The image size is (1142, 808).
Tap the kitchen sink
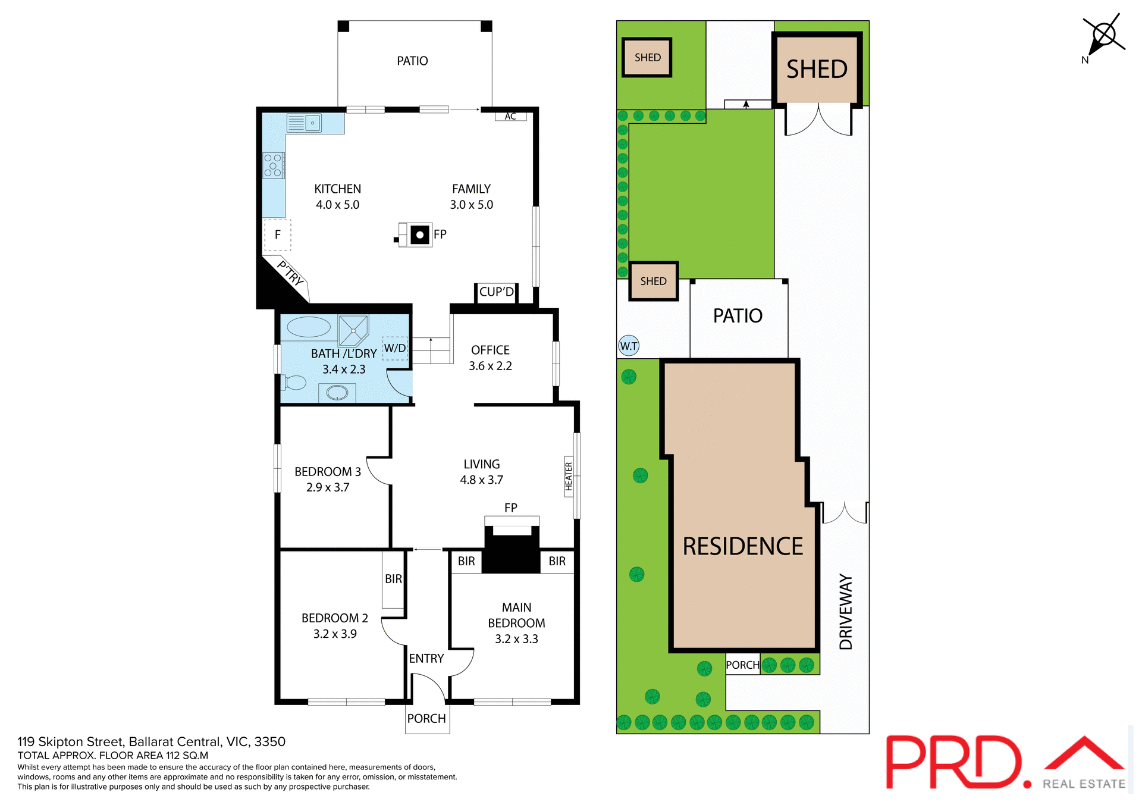pyautogui.click(x=305, y=123)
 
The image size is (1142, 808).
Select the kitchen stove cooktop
pyautogui.click(x=273, y=165)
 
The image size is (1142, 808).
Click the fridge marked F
pyautogui.click(x=277, y=235)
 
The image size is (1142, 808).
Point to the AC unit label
pyautogui.click(x=510, y=116)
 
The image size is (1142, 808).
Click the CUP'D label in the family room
pyautogui.click(x=497, y=292)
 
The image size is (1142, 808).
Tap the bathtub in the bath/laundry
pyautogui.click(x=309, y=327)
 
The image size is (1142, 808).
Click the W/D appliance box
pyautogui.click(x=395, y=348)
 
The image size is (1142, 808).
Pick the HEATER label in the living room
pyautogui.click(x=569, y=477)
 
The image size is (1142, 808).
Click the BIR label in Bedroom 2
pyautogui.click(x=393, y=579)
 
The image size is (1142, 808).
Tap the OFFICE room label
pyautogui.click(x=490, y=350)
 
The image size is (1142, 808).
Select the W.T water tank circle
pyautogui.click(x=629, y=346)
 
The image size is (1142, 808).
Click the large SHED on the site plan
pyautogui.click(x=817, y=70)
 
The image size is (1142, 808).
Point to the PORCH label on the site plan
pyautogui.click(x=742, y=665)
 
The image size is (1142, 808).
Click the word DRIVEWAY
pyautogui.click(x=845, y=612)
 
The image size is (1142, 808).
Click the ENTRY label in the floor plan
pyautogui.click(x=426, y=659)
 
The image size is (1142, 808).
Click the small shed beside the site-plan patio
pyautogui.click(x=653, y=281)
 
